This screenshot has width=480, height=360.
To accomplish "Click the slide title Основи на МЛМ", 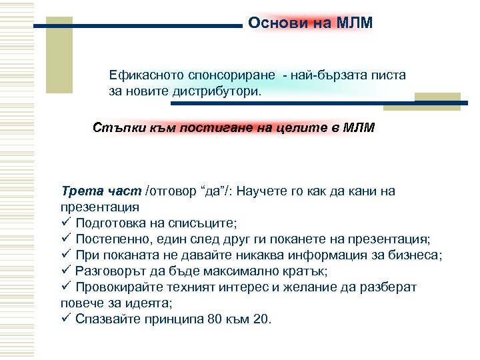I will [x=310, y=23].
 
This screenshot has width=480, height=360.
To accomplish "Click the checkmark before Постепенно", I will [x=65, y=239].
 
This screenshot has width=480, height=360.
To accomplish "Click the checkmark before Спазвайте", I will [x=65, y=319].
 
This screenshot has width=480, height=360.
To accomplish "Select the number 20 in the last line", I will [x=261, y=319].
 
